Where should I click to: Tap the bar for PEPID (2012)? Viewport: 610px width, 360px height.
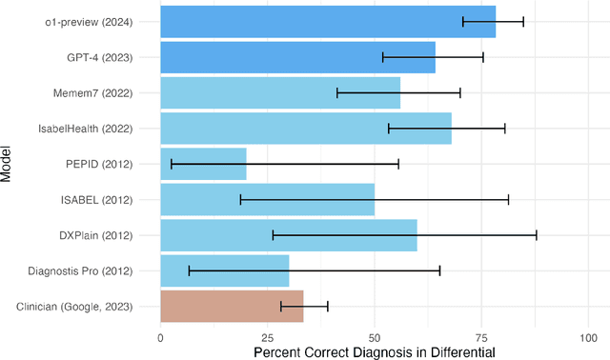coord(203,164)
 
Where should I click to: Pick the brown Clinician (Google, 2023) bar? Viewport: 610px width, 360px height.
coord(232,307)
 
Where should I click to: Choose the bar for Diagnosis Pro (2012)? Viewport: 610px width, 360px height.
coord(224,270)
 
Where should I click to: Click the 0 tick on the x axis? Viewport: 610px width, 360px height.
coord(160,338)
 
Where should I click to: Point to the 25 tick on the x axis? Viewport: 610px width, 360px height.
coord(267,338)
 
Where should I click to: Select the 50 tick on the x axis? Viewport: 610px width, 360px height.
coord(375,338)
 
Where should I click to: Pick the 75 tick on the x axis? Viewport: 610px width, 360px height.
coord(481,338)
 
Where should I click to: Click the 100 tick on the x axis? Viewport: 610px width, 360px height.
coord(588,338)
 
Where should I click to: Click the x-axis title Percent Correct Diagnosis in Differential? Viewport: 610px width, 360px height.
coord(375,352)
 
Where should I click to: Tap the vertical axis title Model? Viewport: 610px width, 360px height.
coord(8,164)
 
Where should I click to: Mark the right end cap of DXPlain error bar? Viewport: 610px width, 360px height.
coord(537,235)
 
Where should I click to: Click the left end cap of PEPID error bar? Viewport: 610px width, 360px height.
coord(172,164)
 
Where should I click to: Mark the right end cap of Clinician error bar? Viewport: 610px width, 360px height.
coord(328,307)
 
